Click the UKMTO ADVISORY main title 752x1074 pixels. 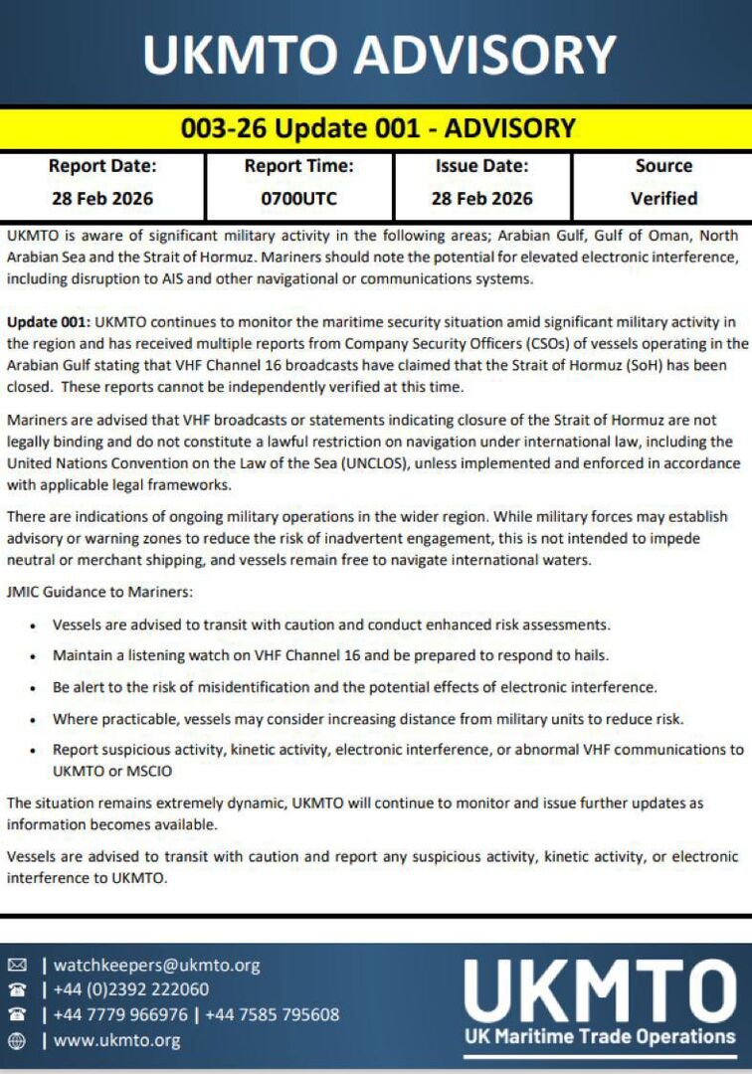click(379, 54)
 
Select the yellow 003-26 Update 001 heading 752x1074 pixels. click(378, 128)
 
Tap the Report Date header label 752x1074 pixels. click(102, 166)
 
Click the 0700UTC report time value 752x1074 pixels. click(298, 198)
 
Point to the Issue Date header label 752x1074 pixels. click(481, 166)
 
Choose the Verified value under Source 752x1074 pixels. click(663, 198)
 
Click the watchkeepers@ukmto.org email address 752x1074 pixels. click(156, 965)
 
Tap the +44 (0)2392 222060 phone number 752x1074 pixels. click(131, 989)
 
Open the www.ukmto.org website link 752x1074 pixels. click(116, 1040)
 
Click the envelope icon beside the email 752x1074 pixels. click(17, 965)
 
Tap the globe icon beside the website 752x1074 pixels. click(17, 1040)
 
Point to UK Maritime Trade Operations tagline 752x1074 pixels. click(600, 1036)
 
